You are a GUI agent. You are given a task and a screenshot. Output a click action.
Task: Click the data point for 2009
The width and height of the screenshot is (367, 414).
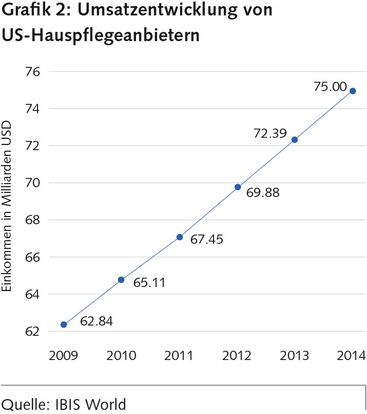coord(64,325)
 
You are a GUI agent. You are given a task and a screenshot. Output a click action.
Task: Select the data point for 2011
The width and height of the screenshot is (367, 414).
coord(179,237)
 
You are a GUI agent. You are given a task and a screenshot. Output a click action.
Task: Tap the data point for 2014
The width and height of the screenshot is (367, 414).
coord(353,91)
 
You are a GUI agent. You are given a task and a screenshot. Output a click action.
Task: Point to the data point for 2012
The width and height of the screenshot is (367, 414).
coord(238,187)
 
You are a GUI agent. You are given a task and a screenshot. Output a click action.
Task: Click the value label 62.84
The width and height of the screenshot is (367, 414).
coord(96,322)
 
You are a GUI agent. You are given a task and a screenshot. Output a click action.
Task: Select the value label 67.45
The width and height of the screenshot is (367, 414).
coord(207,239)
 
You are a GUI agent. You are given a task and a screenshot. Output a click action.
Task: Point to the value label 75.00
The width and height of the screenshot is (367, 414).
coord(330,86)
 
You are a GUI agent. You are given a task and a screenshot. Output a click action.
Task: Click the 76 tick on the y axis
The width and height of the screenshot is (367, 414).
coord(32,71)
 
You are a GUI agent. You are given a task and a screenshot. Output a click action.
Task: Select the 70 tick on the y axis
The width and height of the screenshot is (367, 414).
coord(32,183)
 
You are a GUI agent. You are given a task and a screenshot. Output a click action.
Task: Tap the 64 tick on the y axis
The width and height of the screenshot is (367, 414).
coord(32,294)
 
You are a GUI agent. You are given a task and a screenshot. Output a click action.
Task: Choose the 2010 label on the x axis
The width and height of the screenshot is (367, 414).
coord(122,355)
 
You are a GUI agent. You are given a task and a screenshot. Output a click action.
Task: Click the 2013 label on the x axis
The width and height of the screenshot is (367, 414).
coord(294,355)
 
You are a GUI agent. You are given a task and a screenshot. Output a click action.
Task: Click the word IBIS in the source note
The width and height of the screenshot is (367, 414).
coord(70,404)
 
